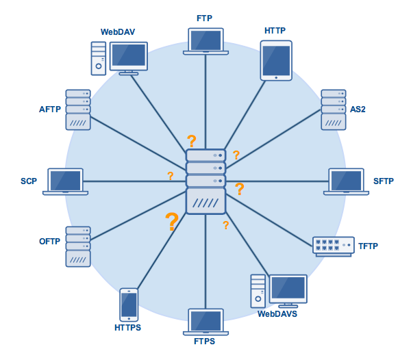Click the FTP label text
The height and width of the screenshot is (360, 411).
(206, 17)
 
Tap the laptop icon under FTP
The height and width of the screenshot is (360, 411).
(206, 41)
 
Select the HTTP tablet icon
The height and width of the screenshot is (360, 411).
(276, 60)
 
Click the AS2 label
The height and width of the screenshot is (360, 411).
(358, 109)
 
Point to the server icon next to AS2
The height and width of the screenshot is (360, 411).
(333, 110)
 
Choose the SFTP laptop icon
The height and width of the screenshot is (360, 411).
(346, 181)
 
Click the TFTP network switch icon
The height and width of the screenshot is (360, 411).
(333, 246)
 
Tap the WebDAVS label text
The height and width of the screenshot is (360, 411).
(277, 314)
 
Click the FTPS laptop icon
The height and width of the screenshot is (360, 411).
(206, 322)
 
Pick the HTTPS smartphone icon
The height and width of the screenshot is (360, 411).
(129, 305)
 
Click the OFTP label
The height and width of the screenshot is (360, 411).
(49, 242)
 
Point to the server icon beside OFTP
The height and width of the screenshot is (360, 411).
(78, 246)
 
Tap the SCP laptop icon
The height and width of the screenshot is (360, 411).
(65, 181)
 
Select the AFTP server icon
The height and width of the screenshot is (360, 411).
(78, 110)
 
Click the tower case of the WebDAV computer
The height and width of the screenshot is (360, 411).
(99, 58)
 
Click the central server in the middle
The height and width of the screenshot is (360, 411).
(206, 181)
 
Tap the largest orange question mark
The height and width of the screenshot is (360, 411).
(171, 221)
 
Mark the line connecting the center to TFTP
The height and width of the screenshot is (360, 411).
(274, 216)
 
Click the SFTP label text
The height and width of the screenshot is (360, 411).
(384, 181)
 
